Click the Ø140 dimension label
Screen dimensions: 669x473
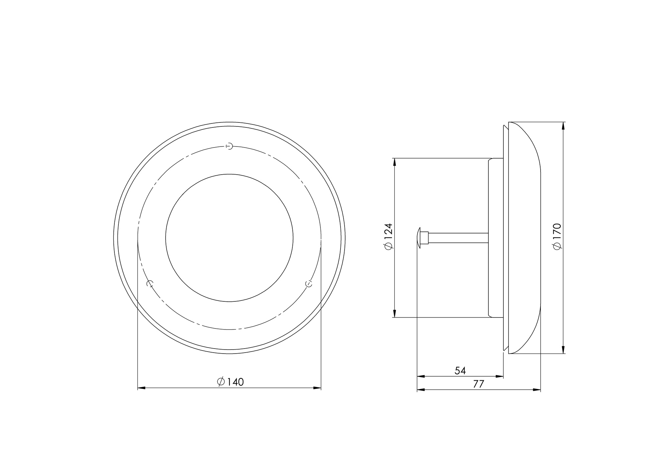pos(230,382)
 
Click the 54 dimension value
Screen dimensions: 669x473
pos(460,371)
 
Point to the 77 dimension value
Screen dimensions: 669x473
pos(479,384)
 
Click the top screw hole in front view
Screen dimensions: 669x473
pos(229,146)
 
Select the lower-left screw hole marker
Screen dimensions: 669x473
pos(150,284)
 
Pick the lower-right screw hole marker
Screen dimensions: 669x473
pos(309,284)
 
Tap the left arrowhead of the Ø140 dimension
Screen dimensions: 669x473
pos(141,388)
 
